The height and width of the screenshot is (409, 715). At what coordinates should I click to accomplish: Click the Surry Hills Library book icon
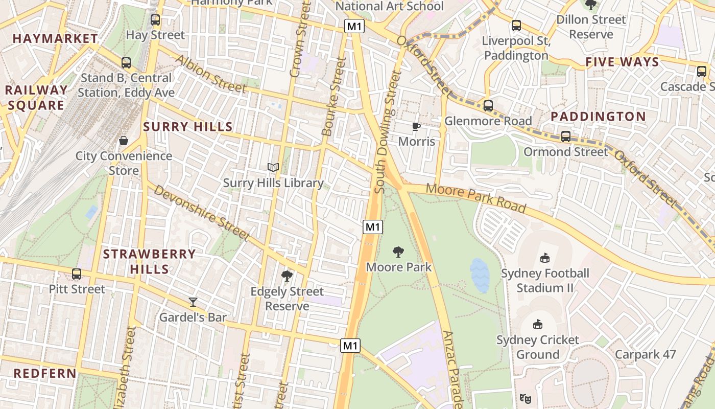tap(273, 167)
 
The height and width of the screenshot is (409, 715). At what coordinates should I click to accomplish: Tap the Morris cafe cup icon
tap(416, 126)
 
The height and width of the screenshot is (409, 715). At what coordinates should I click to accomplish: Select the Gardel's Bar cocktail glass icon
tap(193, 302)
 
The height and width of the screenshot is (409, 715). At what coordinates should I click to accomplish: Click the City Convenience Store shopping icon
tap(123, 141)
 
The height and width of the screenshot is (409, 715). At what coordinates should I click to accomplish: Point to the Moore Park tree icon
tap(398, 252)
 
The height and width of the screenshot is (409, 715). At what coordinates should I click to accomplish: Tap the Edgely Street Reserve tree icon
tap(287, 276)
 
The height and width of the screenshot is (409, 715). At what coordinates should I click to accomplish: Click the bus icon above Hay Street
tap(155, 20)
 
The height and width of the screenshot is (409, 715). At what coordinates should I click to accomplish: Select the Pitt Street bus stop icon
tap(77, 274)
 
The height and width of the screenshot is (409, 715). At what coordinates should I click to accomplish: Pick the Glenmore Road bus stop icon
tap(488, 106)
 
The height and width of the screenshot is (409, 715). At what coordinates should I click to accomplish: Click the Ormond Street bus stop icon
tap(566, 137)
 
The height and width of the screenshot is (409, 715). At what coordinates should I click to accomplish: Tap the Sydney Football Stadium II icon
tap(545, 258)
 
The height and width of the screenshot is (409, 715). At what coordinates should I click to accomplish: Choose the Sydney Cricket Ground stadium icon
tap(537, 324)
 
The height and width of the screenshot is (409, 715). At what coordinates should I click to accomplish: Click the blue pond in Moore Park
tap(480, 275)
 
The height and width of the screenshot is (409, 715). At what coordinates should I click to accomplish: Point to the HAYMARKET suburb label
tap(55, 38)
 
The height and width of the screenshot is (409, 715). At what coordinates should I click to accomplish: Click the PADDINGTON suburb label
tap(598, 117)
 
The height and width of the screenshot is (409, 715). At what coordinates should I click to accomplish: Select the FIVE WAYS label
tap(622, 62)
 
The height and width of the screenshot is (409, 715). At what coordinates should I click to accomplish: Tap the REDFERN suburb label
tap(45, 373)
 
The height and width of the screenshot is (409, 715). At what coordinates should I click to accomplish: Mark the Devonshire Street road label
tap(201, 213)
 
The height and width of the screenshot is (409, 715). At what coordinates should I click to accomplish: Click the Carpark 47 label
tap(645, 354)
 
